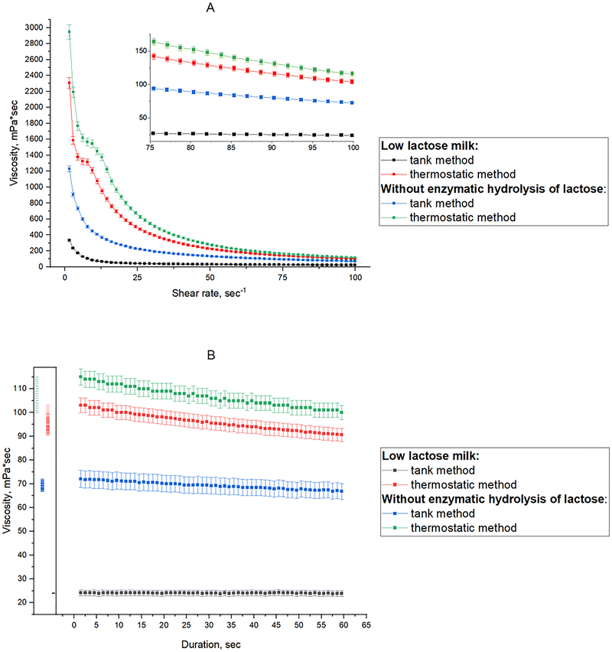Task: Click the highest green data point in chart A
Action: click(69, 31)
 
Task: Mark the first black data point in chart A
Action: click(69, 240)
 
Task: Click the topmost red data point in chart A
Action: click(69, 84)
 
